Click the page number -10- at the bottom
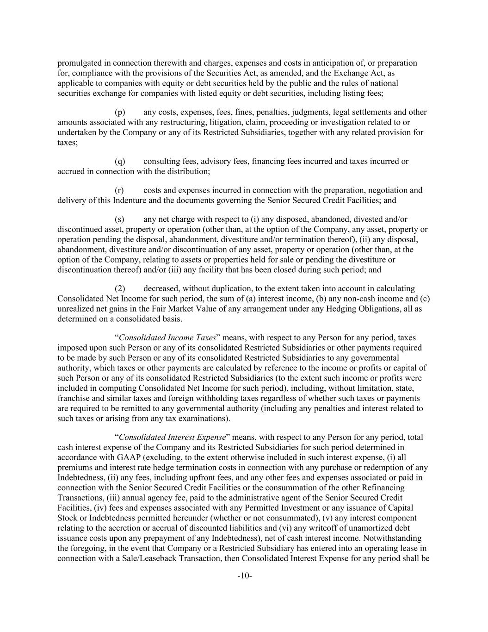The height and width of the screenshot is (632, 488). [244, 576]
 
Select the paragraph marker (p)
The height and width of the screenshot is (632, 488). [120, 112]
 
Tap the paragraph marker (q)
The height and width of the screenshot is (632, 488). [120, 161]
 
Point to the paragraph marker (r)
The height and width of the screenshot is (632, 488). [119, 190]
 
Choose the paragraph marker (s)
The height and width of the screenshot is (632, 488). [119, 219]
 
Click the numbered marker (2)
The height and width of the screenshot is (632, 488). [120, 288]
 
